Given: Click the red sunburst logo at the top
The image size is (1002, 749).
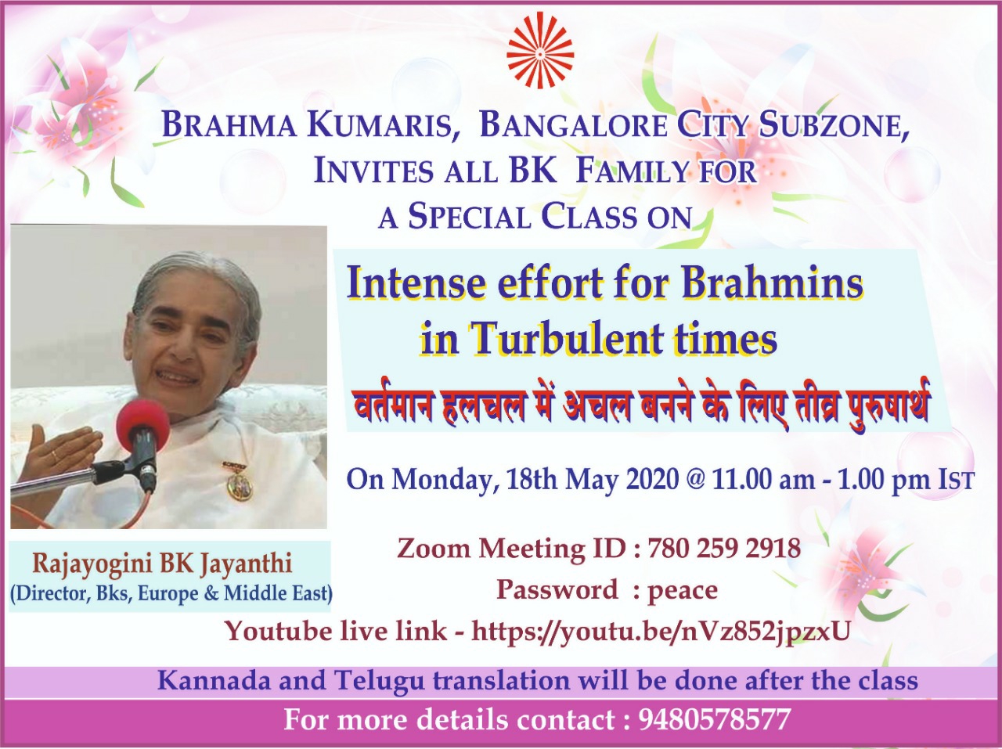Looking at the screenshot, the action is tap(540, 50).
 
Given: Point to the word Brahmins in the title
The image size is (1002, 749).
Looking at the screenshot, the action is tap(773, 284).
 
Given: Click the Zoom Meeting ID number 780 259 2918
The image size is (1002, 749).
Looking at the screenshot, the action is tap(723, 548).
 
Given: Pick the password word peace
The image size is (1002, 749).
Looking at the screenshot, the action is tap(683, 591).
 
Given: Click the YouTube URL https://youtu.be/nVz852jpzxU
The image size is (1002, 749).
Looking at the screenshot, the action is tap(661, 633).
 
